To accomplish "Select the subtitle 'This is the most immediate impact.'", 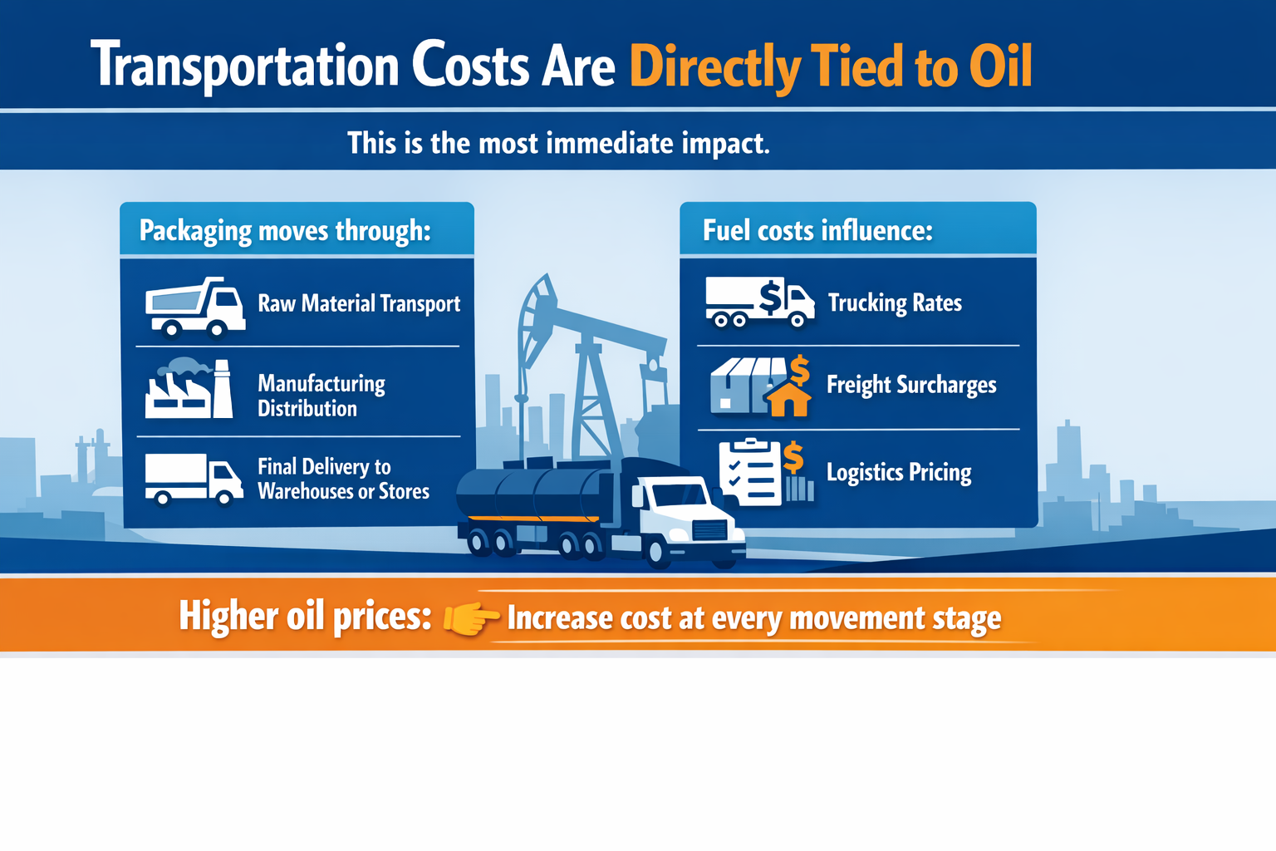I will [x=558, y=143].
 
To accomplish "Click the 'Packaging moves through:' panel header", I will [x=285, y=230].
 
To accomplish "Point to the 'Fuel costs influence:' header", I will [x=817, y=230].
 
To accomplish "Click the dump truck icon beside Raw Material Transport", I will [x=195, y=306].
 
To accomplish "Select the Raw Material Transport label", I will [x=358, y=303].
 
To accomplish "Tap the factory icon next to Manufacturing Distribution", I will [x=189, y=389].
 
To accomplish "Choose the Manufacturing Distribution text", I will [x=321, y=396].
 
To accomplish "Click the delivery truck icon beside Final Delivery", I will [x=194, y=479].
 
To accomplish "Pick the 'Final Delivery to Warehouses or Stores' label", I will [x=342, y=479].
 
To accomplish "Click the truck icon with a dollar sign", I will [x=758, y=302].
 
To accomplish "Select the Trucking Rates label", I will [x=895, y=303].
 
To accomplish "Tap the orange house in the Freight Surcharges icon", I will [x=788, y=400].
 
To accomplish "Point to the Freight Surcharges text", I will [x=911, y=385].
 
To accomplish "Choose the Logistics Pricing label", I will [x=899, y=472].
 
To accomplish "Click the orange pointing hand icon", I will [x=470, y=618].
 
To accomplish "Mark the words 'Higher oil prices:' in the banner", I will [x=305, y=617].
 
